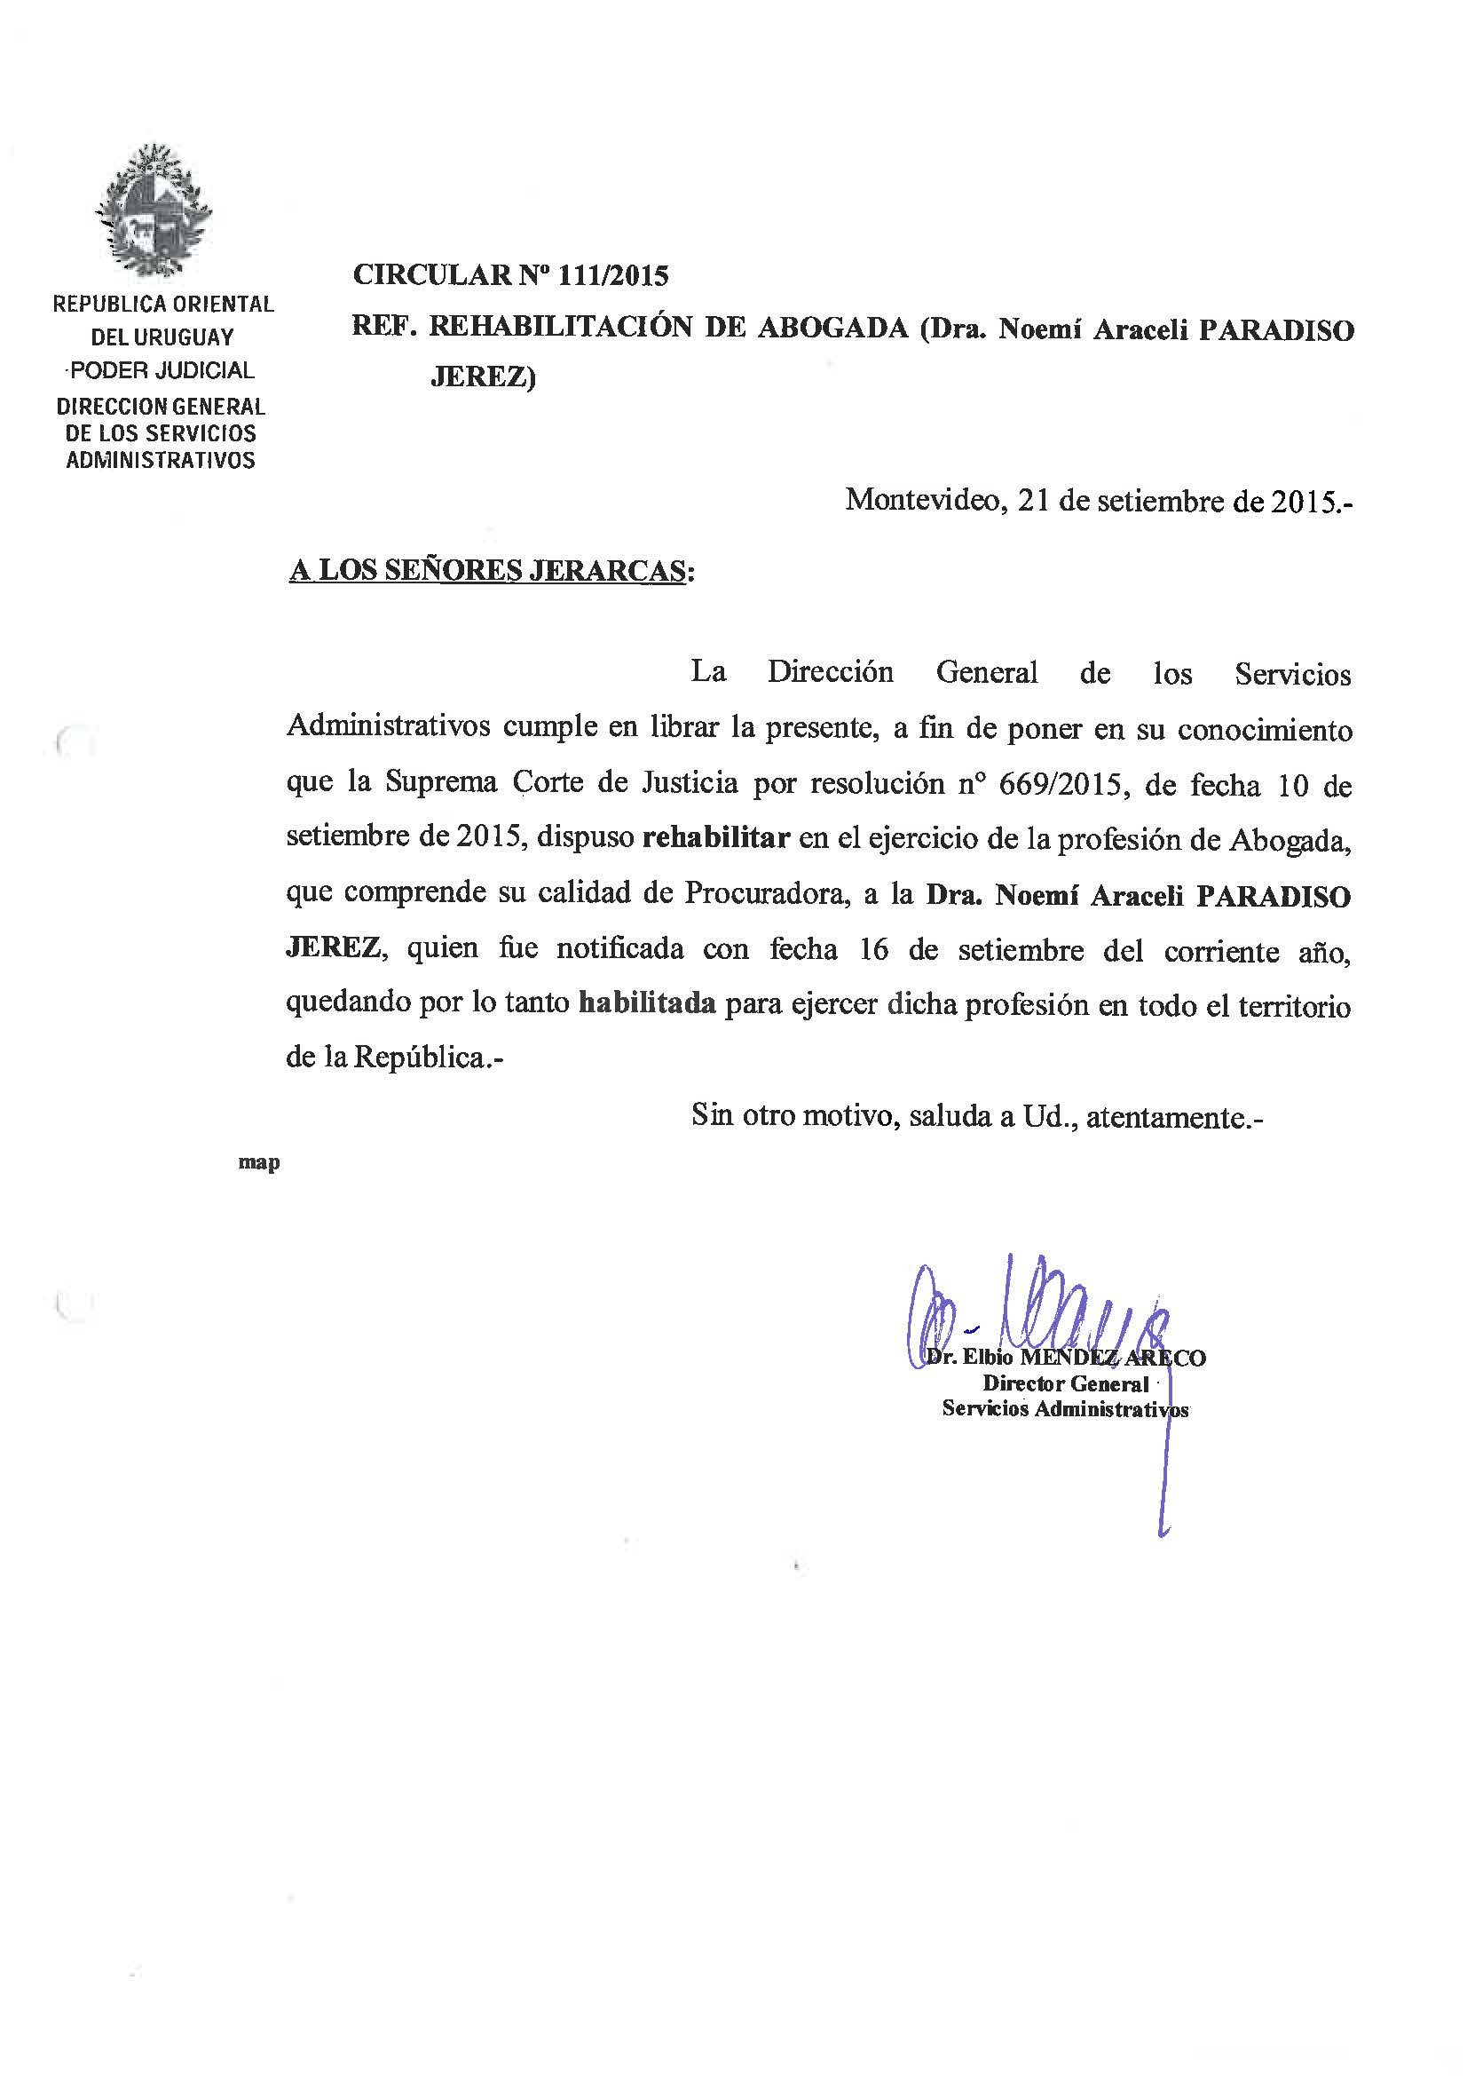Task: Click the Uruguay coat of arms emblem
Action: coord(154,210)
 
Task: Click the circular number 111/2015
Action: coord(614,275)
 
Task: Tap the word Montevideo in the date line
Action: coord(922,500)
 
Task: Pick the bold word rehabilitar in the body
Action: coord(716,838)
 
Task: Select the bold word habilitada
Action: coord(647,1003)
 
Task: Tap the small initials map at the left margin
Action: coord(258,1163)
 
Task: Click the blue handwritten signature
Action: coord(1039,1311)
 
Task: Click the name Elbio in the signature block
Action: coord(988,1358)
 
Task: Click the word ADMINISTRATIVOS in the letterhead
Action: coord(161,460)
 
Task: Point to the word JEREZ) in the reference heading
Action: coord(483,376)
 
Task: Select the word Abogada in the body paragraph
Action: coord(1289,840)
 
